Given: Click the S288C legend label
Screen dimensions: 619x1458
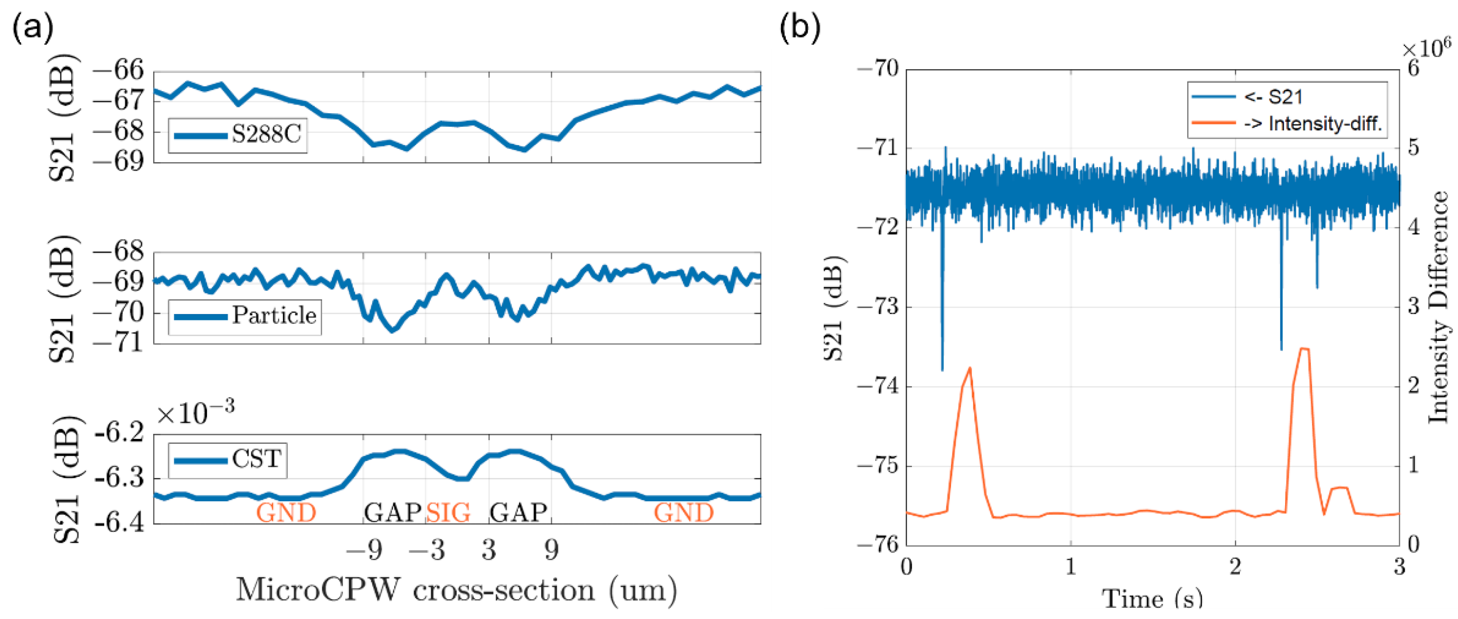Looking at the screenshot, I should pos(266,135).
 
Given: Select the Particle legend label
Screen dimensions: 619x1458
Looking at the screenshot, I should pos(274,315).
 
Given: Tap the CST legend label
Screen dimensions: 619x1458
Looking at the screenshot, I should pos(256,459).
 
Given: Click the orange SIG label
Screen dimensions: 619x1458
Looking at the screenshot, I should pos(448,513).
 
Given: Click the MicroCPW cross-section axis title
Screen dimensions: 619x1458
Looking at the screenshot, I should pos(456,591).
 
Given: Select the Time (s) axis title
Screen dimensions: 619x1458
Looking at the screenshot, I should pos(1152,598).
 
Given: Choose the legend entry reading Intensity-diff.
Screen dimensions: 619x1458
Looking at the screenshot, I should pos(1325,124).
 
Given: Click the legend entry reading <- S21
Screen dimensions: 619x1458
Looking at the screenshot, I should pos(1273,97).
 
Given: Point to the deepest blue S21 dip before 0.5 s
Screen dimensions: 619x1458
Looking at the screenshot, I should pos(943,369).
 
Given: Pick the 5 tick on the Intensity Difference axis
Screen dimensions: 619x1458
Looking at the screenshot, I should pos(1413,148).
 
